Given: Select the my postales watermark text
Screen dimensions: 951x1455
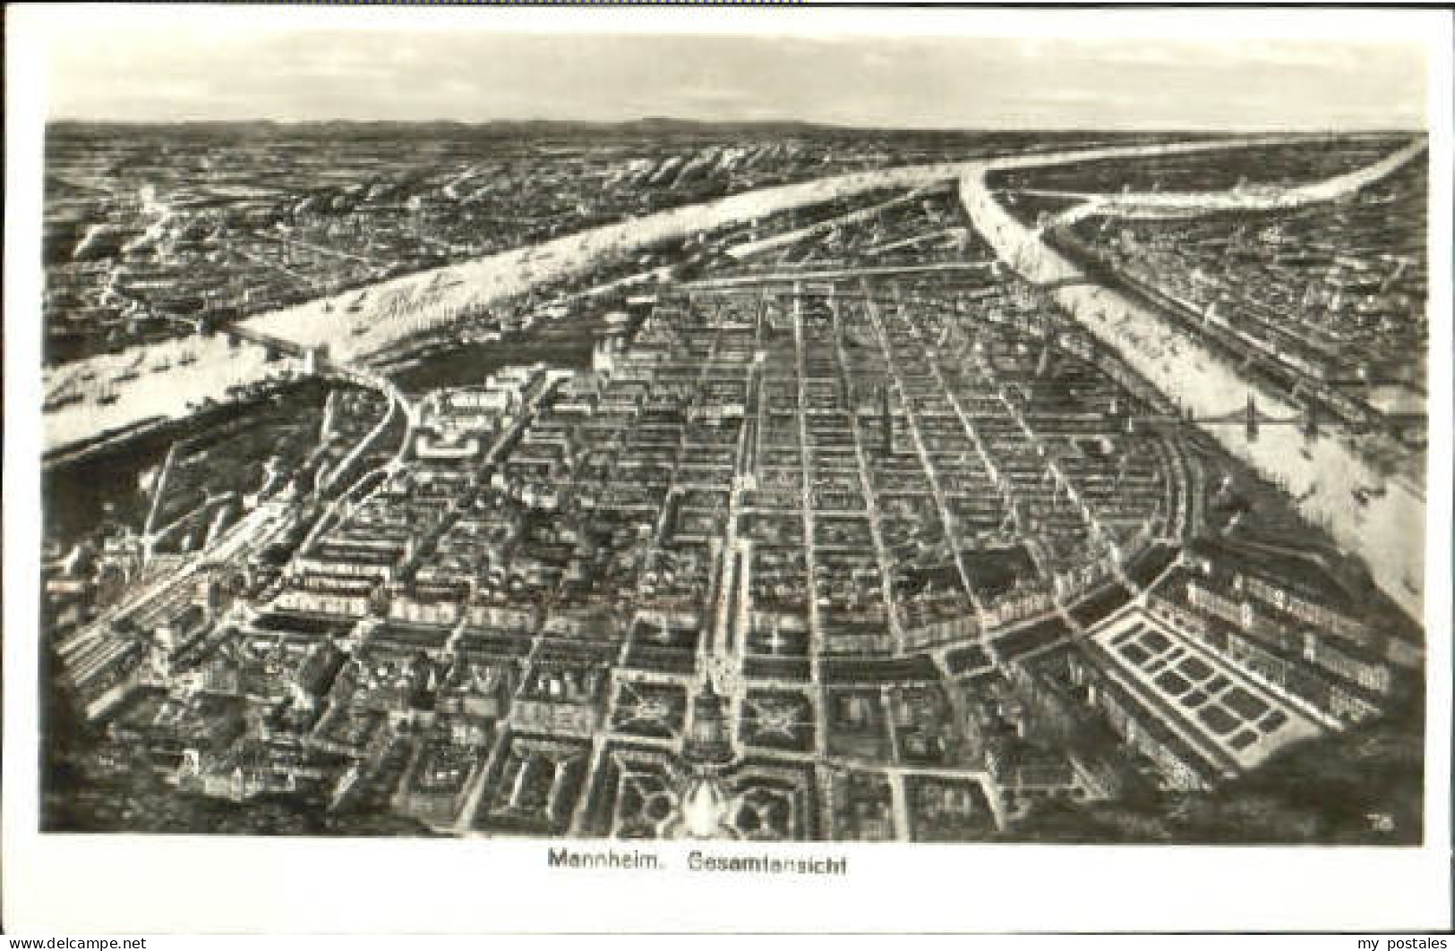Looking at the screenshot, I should point(1407,941).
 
